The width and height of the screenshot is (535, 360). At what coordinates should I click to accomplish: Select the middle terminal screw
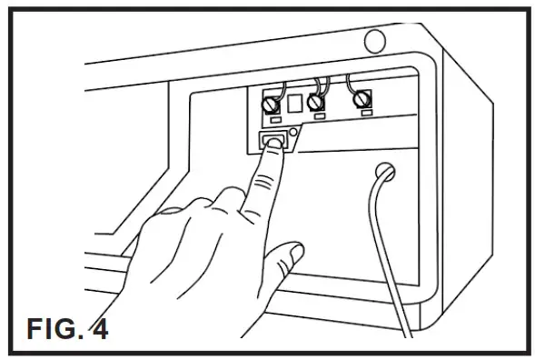(x=315, y=102)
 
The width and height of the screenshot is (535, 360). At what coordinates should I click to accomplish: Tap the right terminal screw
(x=363, y=99)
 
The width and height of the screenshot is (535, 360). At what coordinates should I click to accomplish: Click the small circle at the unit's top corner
(x=373, y=41)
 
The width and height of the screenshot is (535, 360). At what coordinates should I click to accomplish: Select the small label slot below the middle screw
(x=315, y=118)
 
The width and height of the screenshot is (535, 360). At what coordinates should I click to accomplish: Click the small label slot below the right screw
(x=365, y=115)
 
